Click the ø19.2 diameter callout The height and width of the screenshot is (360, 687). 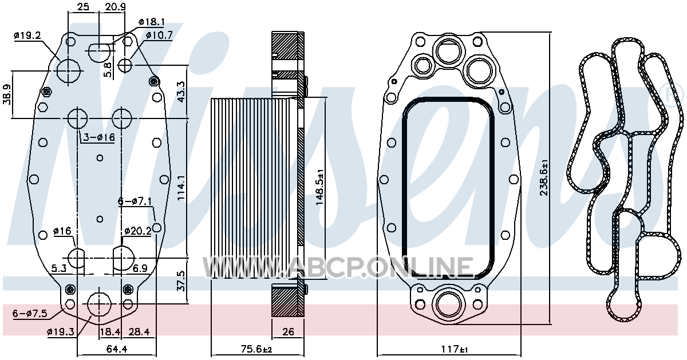[x=27, y=36]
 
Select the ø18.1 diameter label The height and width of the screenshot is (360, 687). [x=152, y=22]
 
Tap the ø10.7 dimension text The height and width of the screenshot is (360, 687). [x=159, y=35]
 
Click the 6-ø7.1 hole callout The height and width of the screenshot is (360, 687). [x=135, y=201]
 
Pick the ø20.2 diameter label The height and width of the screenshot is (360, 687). [x=138, y=231]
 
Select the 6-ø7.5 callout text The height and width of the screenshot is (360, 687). [x=30, y=313]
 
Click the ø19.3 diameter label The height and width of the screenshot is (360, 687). [x=61, y=331]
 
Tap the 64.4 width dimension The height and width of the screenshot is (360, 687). [x=117, y=349]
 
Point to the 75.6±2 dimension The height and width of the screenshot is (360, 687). [x=256, y=349]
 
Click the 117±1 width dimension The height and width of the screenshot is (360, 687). [x=455, y=349]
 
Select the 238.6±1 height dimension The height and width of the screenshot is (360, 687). [x=544, y=177]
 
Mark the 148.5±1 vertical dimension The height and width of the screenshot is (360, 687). [x=319, y=187]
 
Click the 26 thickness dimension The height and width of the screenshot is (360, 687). [x=288, y=331]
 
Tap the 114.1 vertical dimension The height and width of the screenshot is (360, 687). [x=181, y=188]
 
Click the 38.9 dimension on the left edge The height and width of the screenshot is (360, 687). [x=7, y=94]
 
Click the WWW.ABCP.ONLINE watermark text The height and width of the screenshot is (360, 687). [x=338, y=267]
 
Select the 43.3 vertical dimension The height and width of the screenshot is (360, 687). [x=181, y=92]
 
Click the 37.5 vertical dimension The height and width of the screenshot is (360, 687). [x=181, y=281]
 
